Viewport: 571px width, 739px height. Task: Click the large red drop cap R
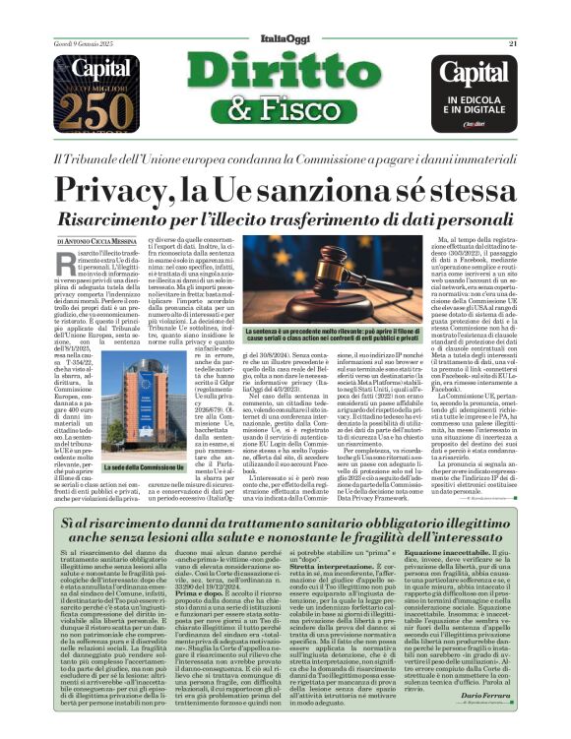point(65,257)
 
